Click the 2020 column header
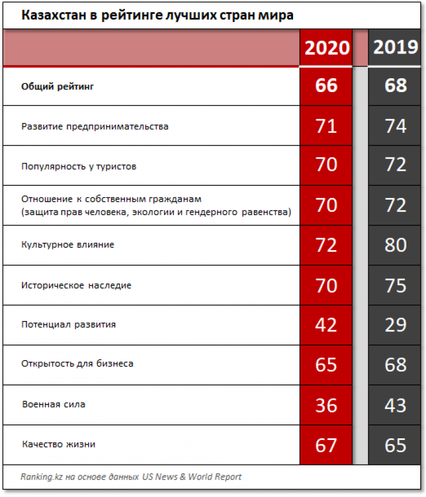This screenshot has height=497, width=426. (326, 47)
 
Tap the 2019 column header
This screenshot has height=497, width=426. (395, 47)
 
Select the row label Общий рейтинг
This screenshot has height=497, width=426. (57, 87)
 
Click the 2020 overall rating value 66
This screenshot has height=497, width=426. (326, 86)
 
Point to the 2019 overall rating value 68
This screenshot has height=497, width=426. (395, 86)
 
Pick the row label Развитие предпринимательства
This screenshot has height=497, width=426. (95, 126)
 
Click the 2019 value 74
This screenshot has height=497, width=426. (395, 126)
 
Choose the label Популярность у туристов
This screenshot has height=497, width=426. (79, 166)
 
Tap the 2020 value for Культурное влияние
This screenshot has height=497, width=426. (326, 245)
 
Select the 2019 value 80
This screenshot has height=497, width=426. (395, 245)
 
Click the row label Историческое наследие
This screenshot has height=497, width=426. (77, 285)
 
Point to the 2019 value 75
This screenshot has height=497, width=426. (395, 285)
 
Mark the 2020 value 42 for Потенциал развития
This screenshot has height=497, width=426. (326, 324)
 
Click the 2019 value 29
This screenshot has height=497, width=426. (395, 324)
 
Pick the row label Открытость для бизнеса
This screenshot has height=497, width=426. (78, 364)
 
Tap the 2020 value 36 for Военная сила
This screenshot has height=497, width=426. (326, 405)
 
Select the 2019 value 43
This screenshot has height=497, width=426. (395, 405)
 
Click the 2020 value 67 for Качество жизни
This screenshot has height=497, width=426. (326, 445)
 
